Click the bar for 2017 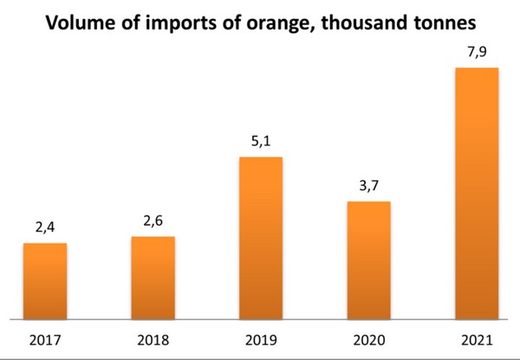click(45, 280)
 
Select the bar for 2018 click(153, 277)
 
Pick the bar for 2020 click(368, 259)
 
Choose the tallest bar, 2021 click(477, 193)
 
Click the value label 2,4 click(45, 227)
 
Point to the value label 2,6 click(153, 220)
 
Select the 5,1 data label click(261, 141)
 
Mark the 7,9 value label click(477, 51)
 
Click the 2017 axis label click(45, 338)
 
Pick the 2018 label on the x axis click(153, 338)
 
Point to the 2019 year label click(261, 338)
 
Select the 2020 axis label click(368, 338)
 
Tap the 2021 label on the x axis click(477, 338)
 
